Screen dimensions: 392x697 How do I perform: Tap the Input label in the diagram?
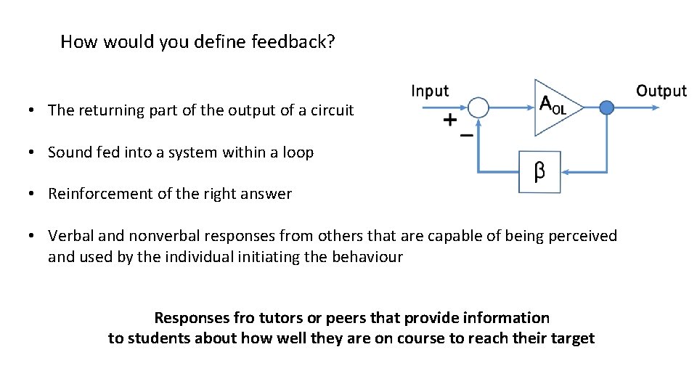tap(430, 91)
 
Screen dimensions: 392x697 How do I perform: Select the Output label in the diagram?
tap(661, 91)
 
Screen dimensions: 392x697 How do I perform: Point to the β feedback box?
tap(539, 172)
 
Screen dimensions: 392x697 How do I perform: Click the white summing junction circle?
tap(478, 107)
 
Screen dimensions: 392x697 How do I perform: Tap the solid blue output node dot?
tap(607, 107)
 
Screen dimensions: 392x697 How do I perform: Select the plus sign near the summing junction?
tap(450, 120)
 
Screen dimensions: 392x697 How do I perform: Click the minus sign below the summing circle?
tap(467, 135)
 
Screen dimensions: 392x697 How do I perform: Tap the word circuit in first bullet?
tap(332, 110)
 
